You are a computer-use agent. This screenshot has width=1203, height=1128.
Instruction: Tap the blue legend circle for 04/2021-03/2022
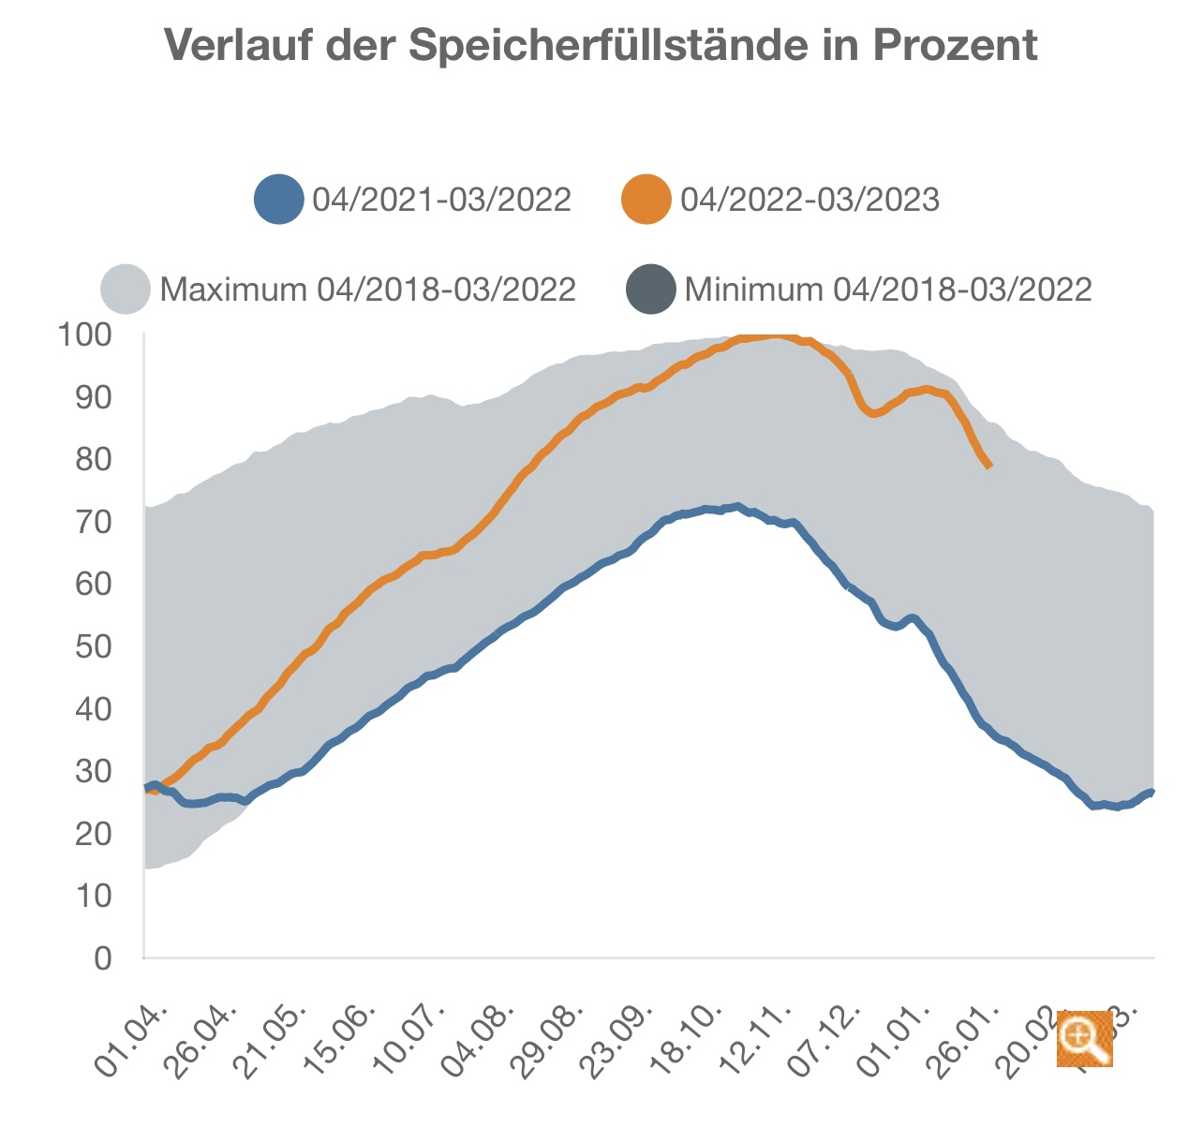click(279, 200)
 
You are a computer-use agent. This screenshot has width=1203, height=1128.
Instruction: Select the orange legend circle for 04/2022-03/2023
click(646, 200)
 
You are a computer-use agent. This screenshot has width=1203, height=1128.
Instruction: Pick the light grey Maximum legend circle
click(126, 289)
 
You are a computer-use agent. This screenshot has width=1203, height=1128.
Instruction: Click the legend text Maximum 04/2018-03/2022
click(368, 289)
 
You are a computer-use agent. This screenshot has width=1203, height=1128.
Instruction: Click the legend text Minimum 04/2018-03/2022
click(888, 289)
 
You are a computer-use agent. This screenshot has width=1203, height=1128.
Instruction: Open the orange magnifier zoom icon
click(1084, 1038)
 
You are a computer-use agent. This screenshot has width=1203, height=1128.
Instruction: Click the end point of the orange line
click(989, 466)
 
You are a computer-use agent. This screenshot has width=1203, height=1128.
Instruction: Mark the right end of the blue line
click(1151, 793)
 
